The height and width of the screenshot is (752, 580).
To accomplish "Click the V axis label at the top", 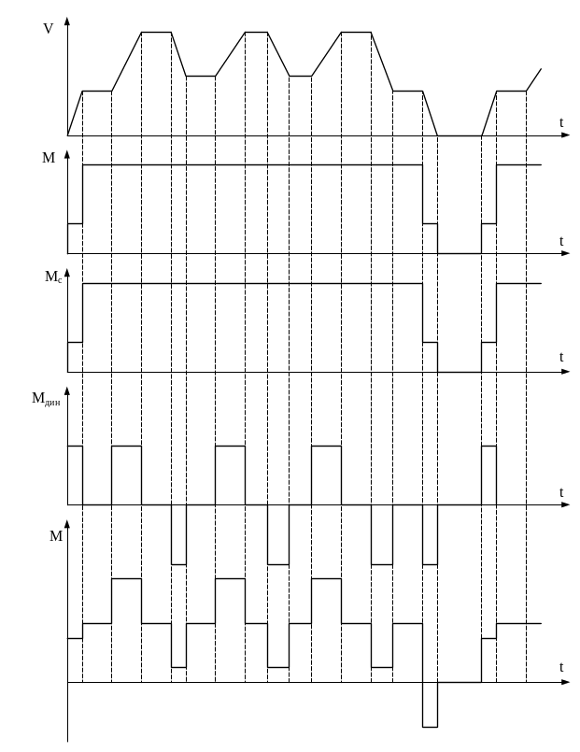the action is pyautogui.click(x=48, y=29).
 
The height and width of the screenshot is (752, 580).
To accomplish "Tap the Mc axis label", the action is pyautogui.click(x=53, y=277).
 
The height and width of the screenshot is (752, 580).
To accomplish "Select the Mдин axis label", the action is pyautogui.click(x=46, y=399).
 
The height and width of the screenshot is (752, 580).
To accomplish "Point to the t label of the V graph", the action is pyautogui.click(x=560, y=122).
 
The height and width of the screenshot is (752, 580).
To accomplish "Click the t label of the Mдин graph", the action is pyautogui.click(x=560, y=492).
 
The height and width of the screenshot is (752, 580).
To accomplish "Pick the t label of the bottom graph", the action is pyautogui.click(x=560, y=667).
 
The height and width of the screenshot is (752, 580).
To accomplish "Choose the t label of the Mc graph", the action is pyautogui.click(x=560, y=357).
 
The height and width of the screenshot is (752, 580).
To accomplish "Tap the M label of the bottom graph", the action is pyautogui.click(x=56, y=536).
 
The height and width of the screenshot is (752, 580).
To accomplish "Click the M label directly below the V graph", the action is pyautogui.click(x=49, y=158).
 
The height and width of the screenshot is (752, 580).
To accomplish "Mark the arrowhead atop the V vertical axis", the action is pyautogui.click(x=67, y=21).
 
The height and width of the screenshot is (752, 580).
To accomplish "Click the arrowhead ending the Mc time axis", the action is pyautogui.click(x=566, y=372).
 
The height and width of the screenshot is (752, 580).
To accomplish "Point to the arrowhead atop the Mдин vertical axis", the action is pyautogui.click(x=67, y=390).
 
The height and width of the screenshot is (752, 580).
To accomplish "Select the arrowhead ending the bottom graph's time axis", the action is pyautogui.click(x=566, y=682).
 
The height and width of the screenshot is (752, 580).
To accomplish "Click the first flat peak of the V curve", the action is pyautogui.click(x=156, y=32).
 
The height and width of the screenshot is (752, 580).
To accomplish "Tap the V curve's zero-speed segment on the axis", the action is pyautogui.click(x=460, y=135).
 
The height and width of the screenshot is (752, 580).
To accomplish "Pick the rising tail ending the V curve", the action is pyautogui.click(x=533, y=79).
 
